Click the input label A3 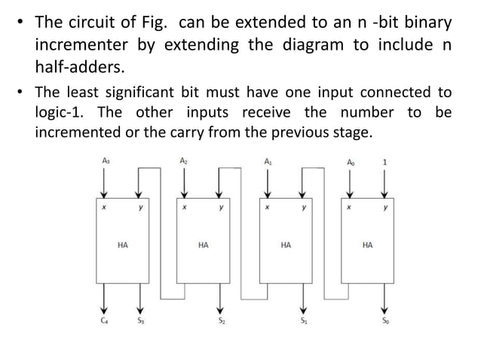coord(104,161)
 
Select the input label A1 coord(268,161)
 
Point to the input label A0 coord(348,161)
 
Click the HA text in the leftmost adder coord(122,245)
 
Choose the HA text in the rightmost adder coord(366,245)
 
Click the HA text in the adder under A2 coord(203,245)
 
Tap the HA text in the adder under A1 coord(286,245)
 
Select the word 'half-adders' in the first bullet coord(79,68)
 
